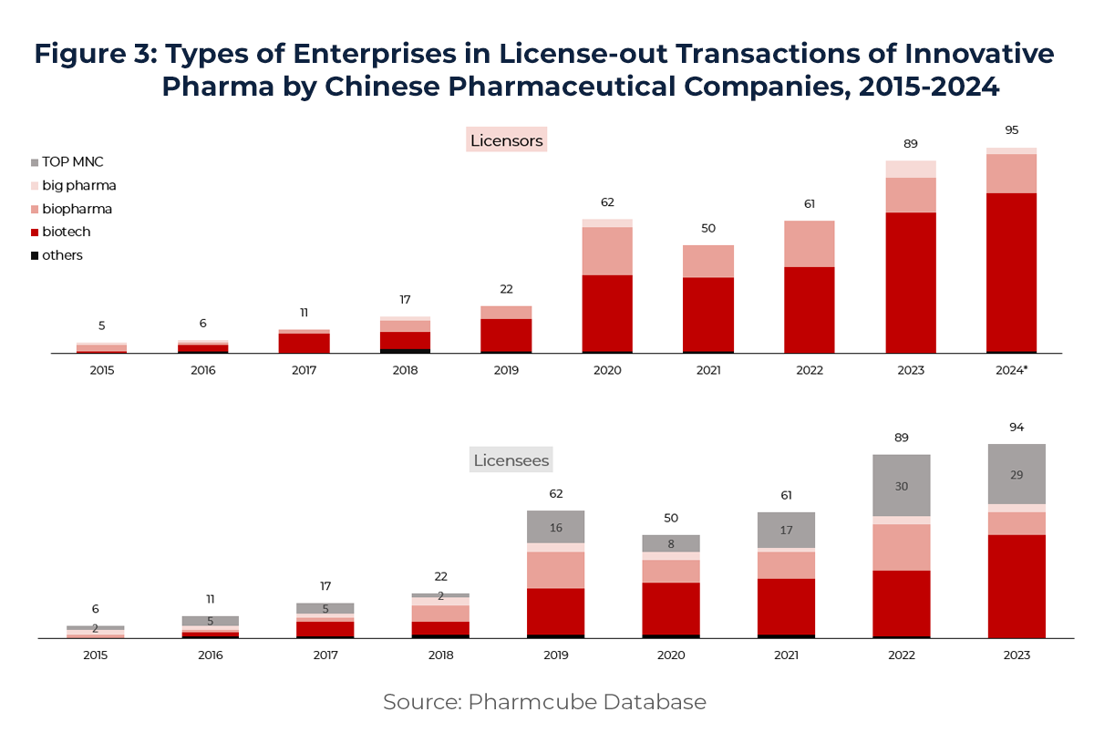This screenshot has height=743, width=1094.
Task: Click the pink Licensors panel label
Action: pos(506,140)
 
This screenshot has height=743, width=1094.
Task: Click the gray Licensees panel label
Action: pos(510,460)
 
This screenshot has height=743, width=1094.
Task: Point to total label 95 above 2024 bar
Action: pos(1011,130)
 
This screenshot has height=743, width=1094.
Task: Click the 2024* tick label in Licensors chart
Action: pos(1011,370)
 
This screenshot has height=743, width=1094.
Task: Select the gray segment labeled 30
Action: pos(901,486)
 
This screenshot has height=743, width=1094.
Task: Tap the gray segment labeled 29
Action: pos(1016,475)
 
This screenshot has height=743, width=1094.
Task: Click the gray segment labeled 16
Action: pos(555,527)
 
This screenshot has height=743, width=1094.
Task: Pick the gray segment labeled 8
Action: pos(670,543)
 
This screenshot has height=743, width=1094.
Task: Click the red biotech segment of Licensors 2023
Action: pos(910,283)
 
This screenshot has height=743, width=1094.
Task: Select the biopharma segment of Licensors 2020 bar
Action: pos(607,251)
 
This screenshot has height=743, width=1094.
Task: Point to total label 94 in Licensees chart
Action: pos(1016,428)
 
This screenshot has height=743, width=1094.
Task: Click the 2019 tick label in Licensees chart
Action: pos(555,655)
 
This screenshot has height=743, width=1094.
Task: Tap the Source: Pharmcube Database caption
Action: pos(544,702)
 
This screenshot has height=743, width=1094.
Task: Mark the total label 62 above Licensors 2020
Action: pos(607,202)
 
